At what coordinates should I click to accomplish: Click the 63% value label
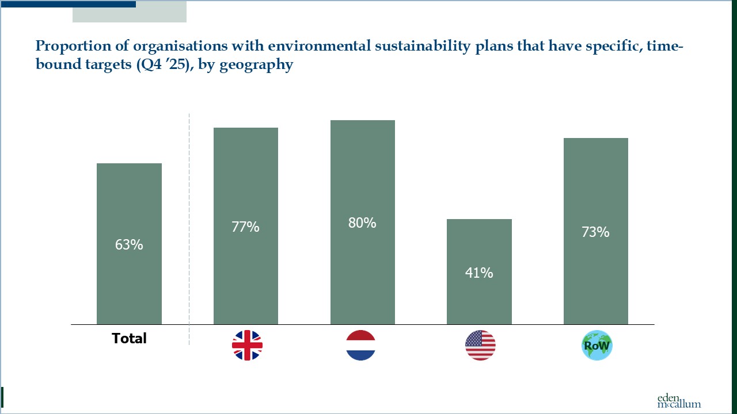(129, 244)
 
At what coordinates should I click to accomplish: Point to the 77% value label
(246, 227)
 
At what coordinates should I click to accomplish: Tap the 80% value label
(362, 223)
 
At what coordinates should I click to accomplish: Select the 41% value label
(479, 273)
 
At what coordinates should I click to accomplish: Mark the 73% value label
(595, 232)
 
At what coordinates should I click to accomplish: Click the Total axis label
(129, 339)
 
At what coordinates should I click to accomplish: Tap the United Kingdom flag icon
(247, 346)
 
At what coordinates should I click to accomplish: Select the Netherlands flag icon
(361, 346)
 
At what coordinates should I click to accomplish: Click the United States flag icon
(480, 346)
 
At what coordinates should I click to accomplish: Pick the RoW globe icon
(597, 346)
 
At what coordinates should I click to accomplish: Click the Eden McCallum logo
(679, 401)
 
